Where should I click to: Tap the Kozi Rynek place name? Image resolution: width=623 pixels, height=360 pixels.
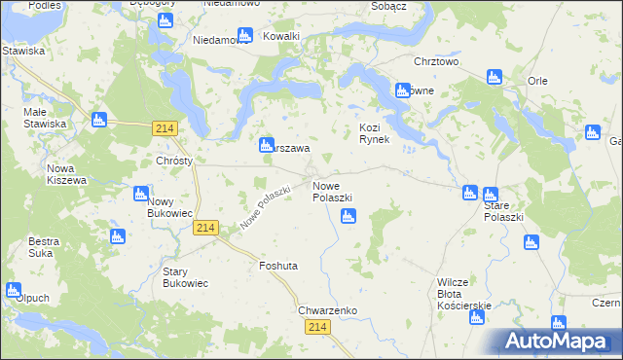[x=374, y=133]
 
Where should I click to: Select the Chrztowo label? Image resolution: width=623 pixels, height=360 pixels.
[x=435, y=61]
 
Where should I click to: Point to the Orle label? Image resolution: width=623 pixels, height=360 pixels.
[x=537, y=81]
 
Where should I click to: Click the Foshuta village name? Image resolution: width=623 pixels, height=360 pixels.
[x=277, y=266]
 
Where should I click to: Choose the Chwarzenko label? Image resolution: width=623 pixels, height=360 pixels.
[x=327, y=310]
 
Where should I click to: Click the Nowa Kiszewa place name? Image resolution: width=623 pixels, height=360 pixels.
[x=67, y=174]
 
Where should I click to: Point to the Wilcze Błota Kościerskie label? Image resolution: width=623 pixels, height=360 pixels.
[x=463, y=293]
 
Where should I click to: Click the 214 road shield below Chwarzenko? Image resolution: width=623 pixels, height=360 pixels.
[x=320, y=332]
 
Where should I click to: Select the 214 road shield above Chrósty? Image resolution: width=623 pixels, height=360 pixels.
[x=164, y=127]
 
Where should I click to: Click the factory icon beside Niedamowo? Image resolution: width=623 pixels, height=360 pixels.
[x=244, y=35]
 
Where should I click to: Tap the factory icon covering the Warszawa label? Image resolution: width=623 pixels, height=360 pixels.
[x=266, y=145]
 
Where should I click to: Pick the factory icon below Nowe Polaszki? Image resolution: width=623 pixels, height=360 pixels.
[x=348, y=217]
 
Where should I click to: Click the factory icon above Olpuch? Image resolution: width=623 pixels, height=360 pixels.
[x=14, y=289]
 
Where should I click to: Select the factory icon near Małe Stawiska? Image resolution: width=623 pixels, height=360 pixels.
[x=97, y=121]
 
